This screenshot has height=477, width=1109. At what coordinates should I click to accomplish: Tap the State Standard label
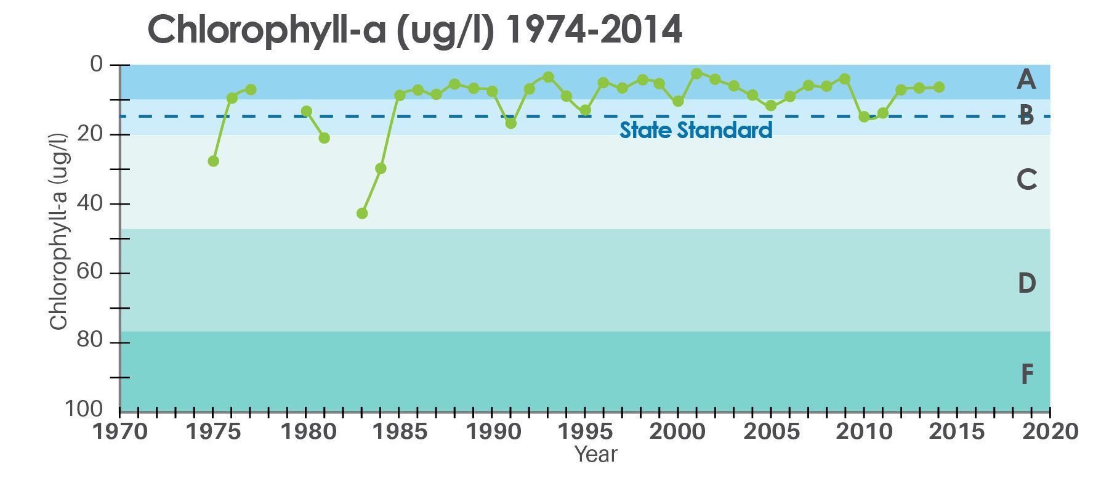point(696,131)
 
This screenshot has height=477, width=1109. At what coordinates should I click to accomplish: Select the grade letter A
point(1026,79)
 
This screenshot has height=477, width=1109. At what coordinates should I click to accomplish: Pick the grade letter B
point(1026,115)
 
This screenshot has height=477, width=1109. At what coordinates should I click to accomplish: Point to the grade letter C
point(1026,180)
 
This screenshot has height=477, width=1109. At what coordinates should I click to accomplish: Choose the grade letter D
point(1026,283)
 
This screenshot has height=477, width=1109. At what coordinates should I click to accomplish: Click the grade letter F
point(1026,374)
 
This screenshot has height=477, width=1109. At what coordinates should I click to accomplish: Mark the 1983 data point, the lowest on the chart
point(362,213)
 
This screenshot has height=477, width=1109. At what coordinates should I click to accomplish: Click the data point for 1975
point(214,161)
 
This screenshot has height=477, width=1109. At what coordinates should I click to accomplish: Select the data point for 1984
point(381,168)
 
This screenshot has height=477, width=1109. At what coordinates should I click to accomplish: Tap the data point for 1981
point(325,137)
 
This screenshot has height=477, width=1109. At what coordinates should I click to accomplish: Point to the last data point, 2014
point(939,88)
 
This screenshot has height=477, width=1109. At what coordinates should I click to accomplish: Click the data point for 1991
point(511,123)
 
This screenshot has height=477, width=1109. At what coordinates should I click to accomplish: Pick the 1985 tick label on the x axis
point(400,431)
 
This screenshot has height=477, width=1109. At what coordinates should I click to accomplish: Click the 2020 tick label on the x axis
point(1050,431)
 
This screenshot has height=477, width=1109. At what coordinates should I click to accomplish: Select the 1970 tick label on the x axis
point(121,431)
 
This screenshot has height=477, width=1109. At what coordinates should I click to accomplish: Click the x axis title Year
point(595,455)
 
